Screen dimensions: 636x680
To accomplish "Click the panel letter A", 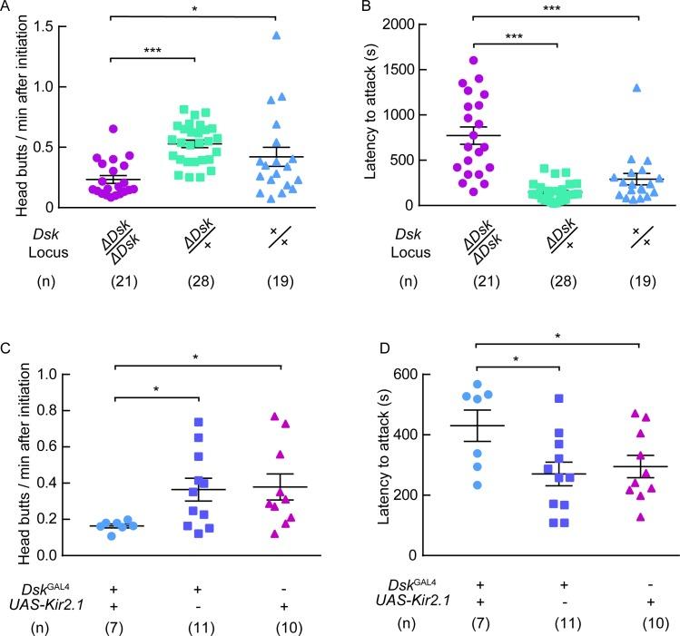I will coord(8,8).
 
